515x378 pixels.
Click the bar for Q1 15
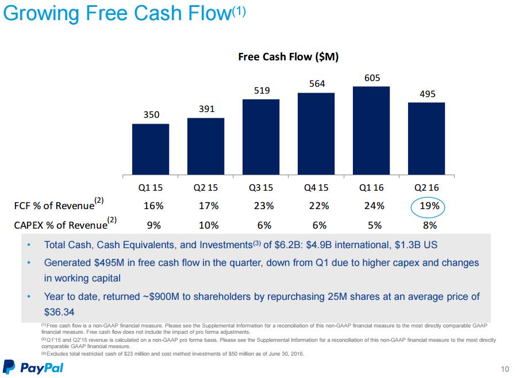151,149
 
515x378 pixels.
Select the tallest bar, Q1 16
371,131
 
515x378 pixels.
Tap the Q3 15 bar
261,137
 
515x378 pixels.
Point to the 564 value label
316,84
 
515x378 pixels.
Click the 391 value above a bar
206,109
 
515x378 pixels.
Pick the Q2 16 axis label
426,188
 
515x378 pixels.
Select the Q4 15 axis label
316,188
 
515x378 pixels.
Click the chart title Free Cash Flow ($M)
288,57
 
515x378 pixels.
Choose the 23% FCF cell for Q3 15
261,206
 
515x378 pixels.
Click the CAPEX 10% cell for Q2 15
206,225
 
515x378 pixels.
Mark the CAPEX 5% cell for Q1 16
371,225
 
